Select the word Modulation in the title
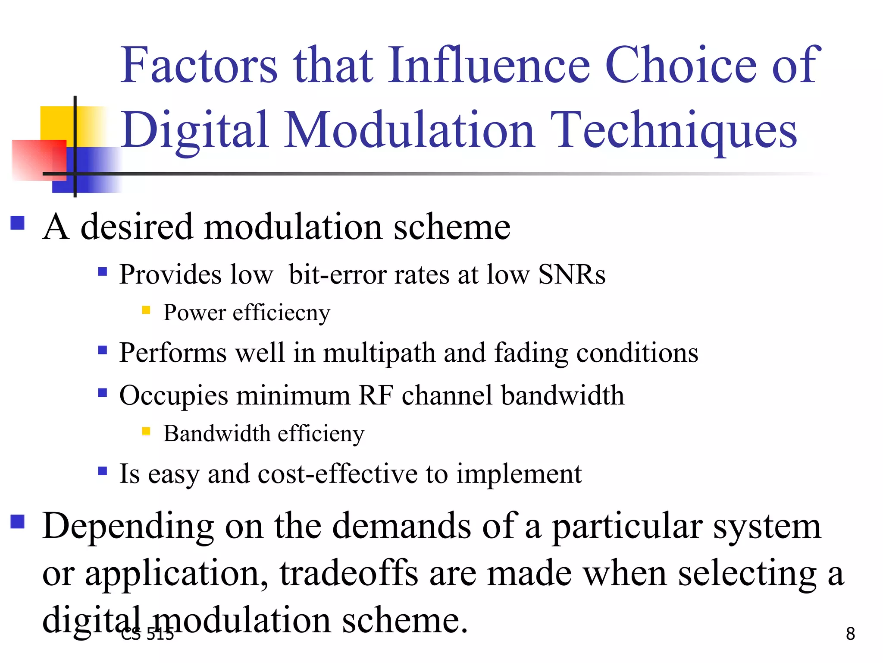pyautogui.click(x=410, y=129)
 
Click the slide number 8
pyautogui.click(x=850, y=634)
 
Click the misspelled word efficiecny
pyautogui.click(x=282, y=313)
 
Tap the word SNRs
pyautogui.click(x=572, y=275)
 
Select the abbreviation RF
pyautogui.click(x=376, y=395)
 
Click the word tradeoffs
pyautogui.click(x=349, y=573)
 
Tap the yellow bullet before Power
pyautogui.click(x=146, y=310)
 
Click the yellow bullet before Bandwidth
pyautogui.click(x=146, y=431)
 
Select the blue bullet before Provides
pyautogui.click(x=103, y=272)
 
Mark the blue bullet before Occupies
pyautogui.click(x=103, y=393)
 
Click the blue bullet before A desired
pyautogui.click(x=18, y=223)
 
